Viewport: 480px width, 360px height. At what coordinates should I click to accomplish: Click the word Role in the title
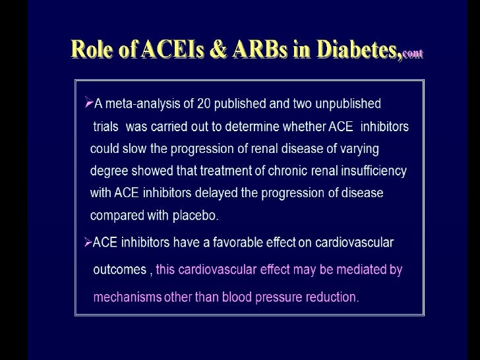92,49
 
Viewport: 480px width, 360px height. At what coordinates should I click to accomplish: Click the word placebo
196,216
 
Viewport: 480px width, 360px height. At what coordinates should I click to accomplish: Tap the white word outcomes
119,270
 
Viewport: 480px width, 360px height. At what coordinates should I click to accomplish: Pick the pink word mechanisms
127,297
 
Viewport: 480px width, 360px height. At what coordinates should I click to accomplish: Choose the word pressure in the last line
279,297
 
